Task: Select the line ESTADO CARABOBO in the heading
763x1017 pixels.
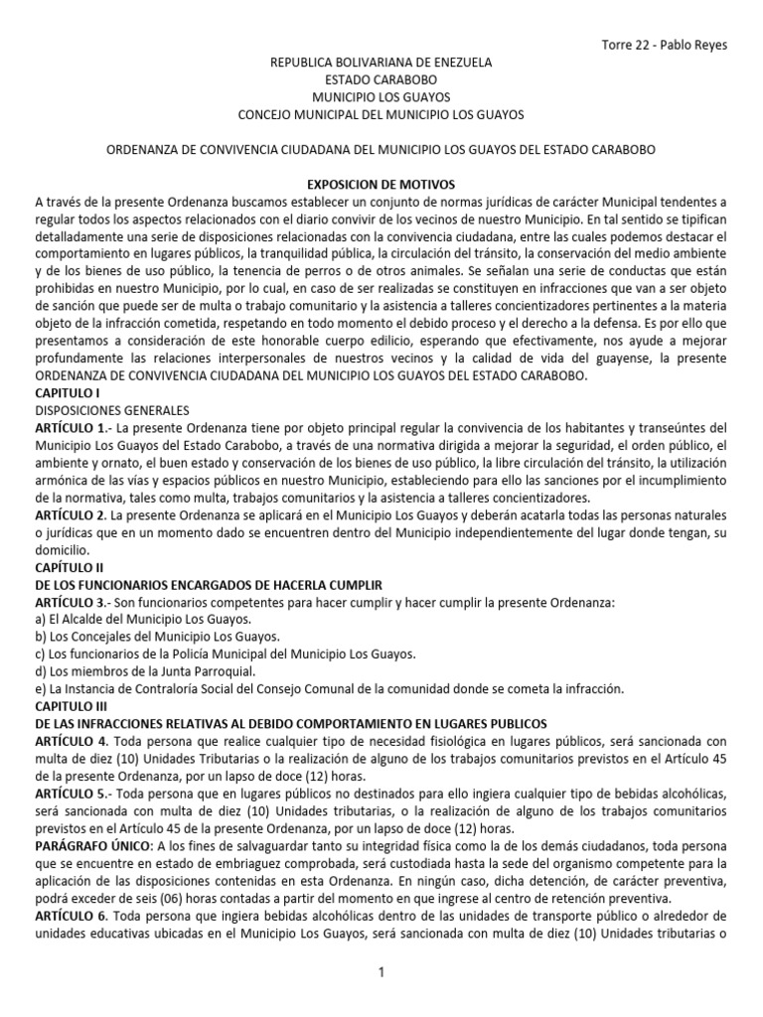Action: click(381, 80)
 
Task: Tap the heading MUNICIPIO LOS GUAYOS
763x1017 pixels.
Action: click(381, 97)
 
